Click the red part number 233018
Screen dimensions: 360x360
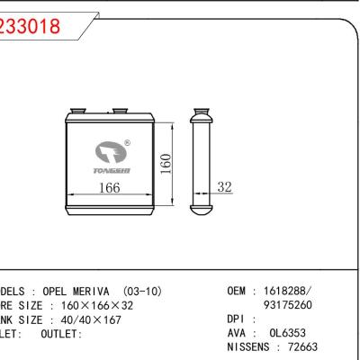tap(31, 26)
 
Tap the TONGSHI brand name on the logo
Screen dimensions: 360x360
tap(112, 168)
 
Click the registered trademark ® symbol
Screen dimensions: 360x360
tap(127, 142)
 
